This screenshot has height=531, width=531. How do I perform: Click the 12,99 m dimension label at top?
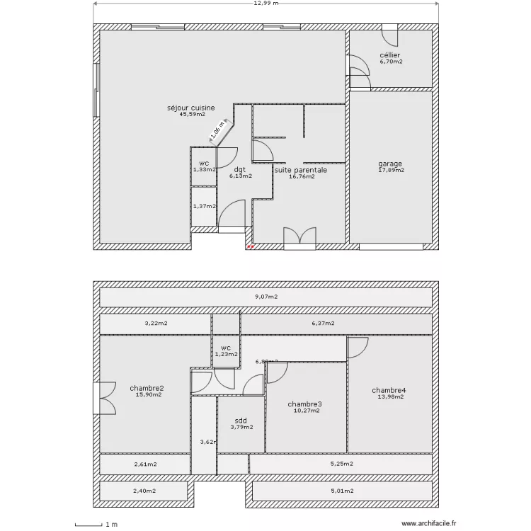(265, 4)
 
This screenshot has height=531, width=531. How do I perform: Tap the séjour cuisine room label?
(191, 108)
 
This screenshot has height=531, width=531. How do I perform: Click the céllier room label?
(390, 55)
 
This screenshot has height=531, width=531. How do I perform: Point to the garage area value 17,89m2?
(390, 170)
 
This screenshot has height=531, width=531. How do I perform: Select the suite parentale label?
(301, 170)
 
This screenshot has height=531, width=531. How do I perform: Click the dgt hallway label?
(240, 170)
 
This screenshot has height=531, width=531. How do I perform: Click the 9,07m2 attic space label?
(266, 297)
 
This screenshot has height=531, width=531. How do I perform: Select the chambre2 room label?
(147, 388)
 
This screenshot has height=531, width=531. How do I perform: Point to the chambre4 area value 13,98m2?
(389, 396)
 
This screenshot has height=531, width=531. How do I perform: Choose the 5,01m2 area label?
(341, 490)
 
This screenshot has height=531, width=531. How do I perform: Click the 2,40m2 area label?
(145, 490)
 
